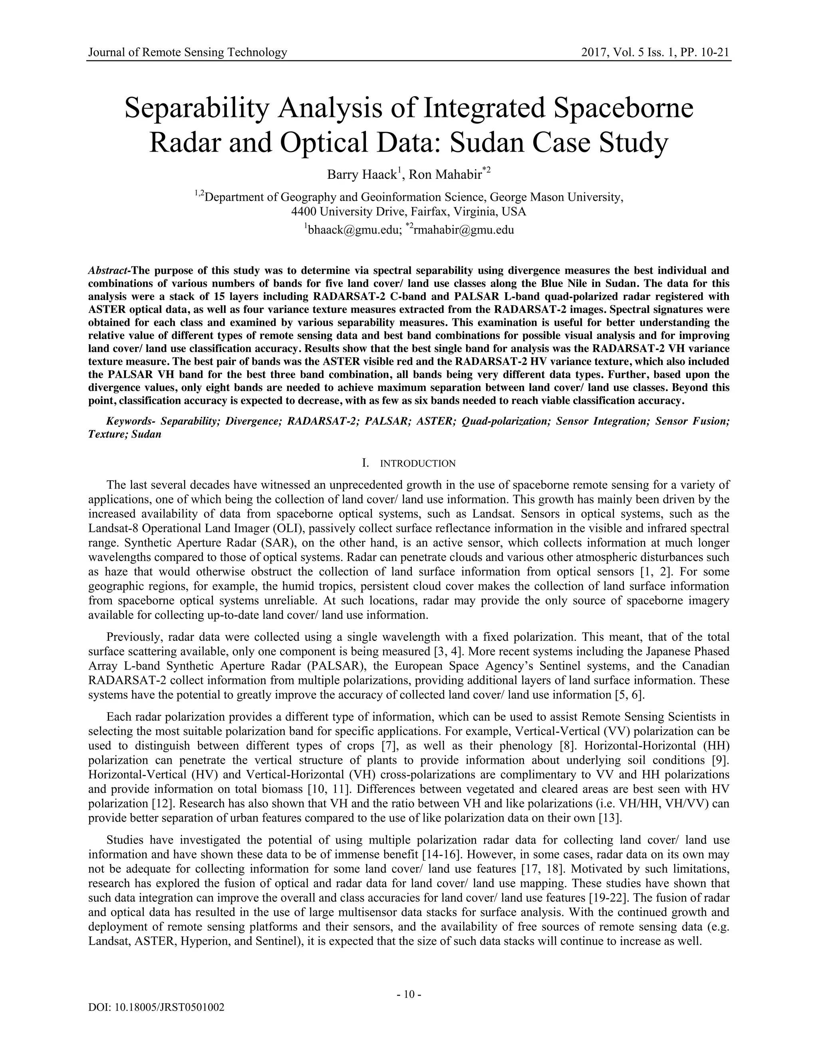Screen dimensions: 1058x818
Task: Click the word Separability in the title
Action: click(x=196, y=109)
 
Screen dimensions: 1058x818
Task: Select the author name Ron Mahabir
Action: click(x=445, y=175)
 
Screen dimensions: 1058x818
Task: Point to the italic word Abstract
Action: click(x=107, y=270)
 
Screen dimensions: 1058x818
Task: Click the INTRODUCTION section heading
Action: click(x=417, y=464)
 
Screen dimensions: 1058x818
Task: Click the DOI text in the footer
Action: click(x=156, y=1008)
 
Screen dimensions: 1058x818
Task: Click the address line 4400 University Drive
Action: click(x=409, y=212)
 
